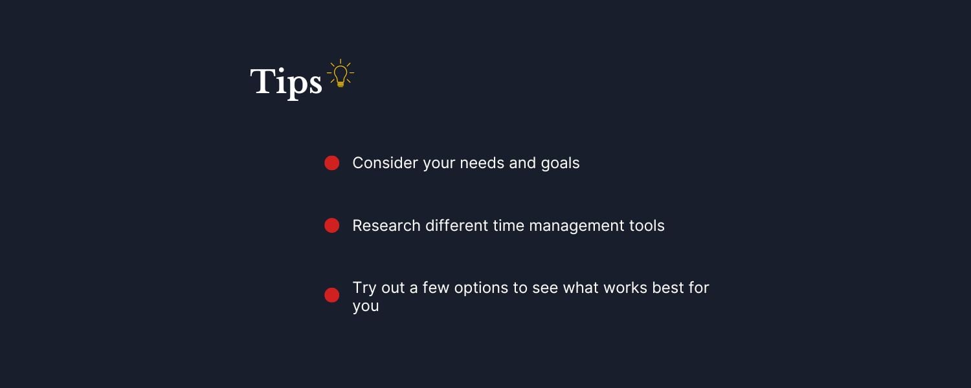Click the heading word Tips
(x=285, y=83)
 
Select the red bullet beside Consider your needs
(x=331, y=163)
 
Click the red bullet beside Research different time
(x=331, y=226)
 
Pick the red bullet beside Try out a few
(x=331, y=296)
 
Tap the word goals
(x=560, y=164)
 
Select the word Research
(x=386, y=226)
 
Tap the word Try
(x=364, y=288)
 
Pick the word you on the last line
(x=366, y=307)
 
